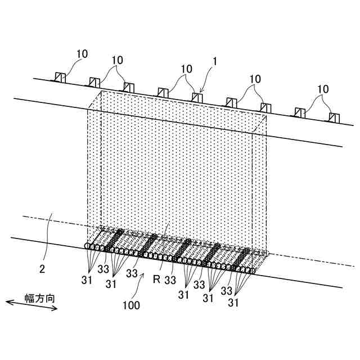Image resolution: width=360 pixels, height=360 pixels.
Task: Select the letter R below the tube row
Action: click(x=157, y=277)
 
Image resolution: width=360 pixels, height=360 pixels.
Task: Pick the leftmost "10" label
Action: click(x=82, y=54)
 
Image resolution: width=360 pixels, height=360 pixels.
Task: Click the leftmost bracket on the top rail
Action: click(x=60, y=78)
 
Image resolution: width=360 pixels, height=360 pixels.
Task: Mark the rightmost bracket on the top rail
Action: click(x=335, y=118)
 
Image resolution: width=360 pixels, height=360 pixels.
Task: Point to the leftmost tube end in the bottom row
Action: click(x=88, y=246)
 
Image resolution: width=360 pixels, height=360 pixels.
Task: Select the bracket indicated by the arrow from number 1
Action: click(x=197, y=97)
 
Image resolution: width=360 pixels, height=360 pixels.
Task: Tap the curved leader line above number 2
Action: click(x=49, y=229)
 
